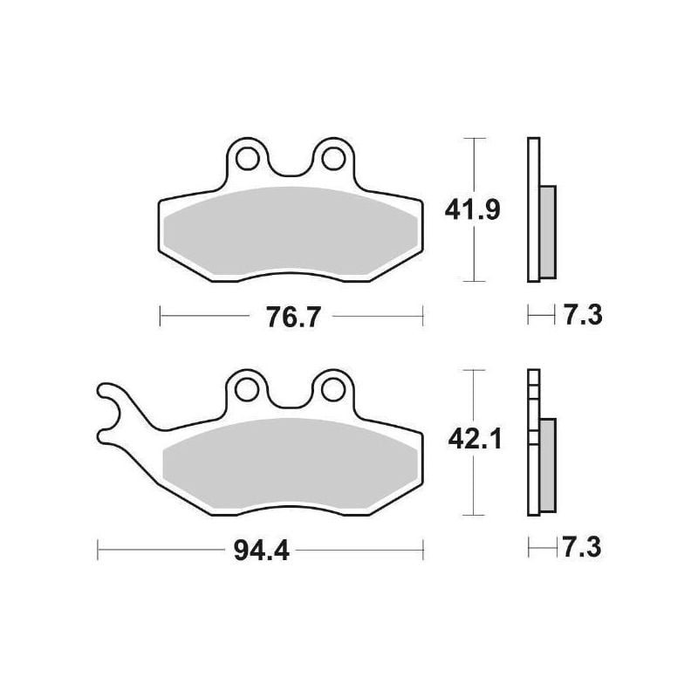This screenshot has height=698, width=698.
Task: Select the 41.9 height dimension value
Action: point(471,209)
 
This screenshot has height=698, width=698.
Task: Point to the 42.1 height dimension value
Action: point(471,441)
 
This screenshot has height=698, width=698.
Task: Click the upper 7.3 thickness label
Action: point(582,315)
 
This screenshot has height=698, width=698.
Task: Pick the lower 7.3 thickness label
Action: point(582,548)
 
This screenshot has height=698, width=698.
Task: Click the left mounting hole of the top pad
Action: point(249,159)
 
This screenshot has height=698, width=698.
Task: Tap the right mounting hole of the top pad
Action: point(332,159)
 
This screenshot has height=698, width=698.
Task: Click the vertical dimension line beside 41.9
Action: point(472,253)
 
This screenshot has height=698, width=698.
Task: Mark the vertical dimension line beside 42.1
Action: point(472,489)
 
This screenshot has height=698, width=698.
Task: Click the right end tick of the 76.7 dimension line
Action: point(422,316)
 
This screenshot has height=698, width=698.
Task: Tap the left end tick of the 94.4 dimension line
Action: point(98,550)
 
